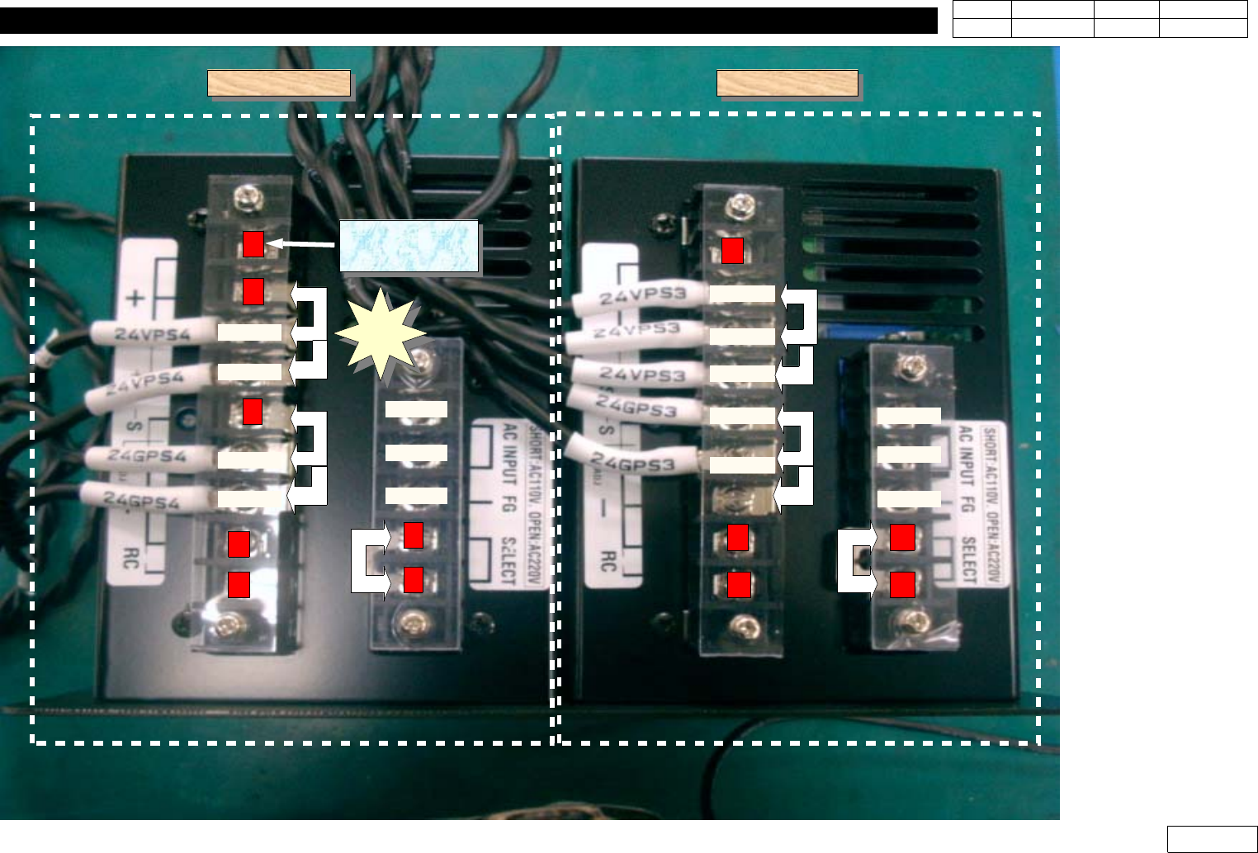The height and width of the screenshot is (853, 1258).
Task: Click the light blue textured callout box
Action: coord(409,246)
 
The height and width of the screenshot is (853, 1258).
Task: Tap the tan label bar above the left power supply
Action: coord(279,83)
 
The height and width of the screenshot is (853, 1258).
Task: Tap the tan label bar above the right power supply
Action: coord(787,83)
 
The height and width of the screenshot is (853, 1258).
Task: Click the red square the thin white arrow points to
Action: coord(253,244)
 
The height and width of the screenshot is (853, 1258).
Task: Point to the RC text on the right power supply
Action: coord(607,562)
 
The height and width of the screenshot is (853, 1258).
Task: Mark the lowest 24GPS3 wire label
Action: coord(634,463)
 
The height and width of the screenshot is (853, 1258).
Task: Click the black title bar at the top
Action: coord(468,21)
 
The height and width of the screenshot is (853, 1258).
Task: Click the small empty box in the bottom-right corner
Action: coord(1212,838)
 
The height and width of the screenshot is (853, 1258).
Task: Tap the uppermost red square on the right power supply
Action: coord(732,250)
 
